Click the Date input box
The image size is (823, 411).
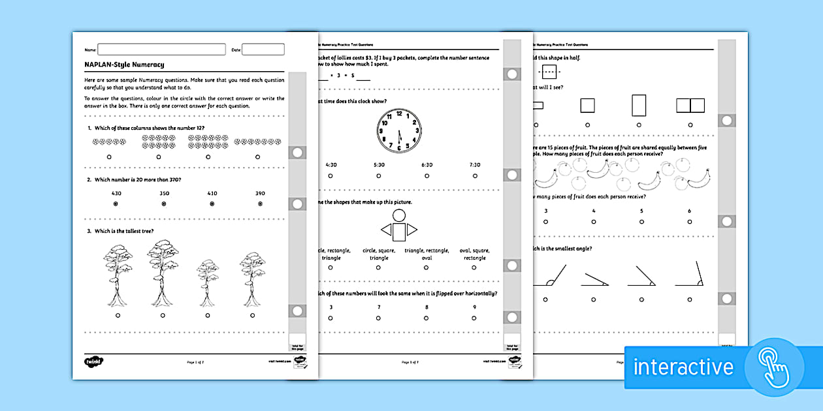tap(263, 50)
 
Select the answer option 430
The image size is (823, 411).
tap(116, 194)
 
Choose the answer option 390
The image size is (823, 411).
tap(260, 194)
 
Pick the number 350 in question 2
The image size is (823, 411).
tap(163, 194)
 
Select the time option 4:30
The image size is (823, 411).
tap(331, 165)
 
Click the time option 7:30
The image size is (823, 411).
tap(475, 165)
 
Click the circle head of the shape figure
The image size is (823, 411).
tap(398, 216)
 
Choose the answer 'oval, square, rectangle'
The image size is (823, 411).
tap(475, 254)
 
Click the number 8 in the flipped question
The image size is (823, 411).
tap(427, 307)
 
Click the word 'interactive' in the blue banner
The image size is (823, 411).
tap(683, 367)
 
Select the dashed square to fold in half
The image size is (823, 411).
tap(550, 72)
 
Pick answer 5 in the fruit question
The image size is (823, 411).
tap(641, 211)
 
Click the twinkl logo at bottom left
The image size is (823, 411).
tap(94, 361)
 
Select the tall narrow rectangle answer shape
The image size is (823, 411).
tap(639, 105)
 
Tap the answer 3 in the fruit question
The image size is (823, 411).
tap(545, 211)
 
